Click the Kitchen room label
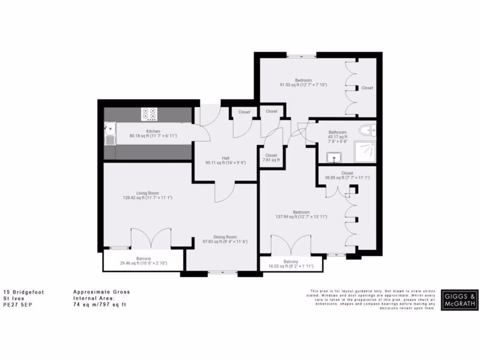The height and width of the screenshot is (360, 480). pos(153,131)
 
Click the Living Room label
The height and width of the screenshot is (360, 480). pos(147,193)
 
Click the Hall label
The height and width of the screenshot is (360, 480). pos(212,157)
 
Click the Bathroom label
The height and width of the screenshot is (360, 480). pos(337,133)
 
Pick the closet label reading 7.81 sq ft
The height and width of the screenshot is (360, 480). pos(271,160)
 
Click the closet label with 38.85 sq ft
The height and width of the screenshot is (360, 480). pos(347,178)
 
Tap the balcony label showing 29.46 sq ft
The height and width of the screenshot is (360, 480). pos(143,263)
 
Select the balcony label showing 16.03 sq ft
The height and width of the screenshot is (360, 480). pos(291,266)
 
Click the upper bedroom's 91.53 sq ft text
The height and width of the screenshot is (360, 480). pos(303,85)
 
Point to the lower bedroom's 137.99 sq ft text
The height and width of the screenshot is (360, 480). pos(301,217)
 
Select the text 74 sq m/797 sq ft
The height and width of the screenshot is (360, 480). pos(99,304)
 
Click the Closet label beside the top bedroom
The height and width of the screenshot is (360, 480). pos(367,88)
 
